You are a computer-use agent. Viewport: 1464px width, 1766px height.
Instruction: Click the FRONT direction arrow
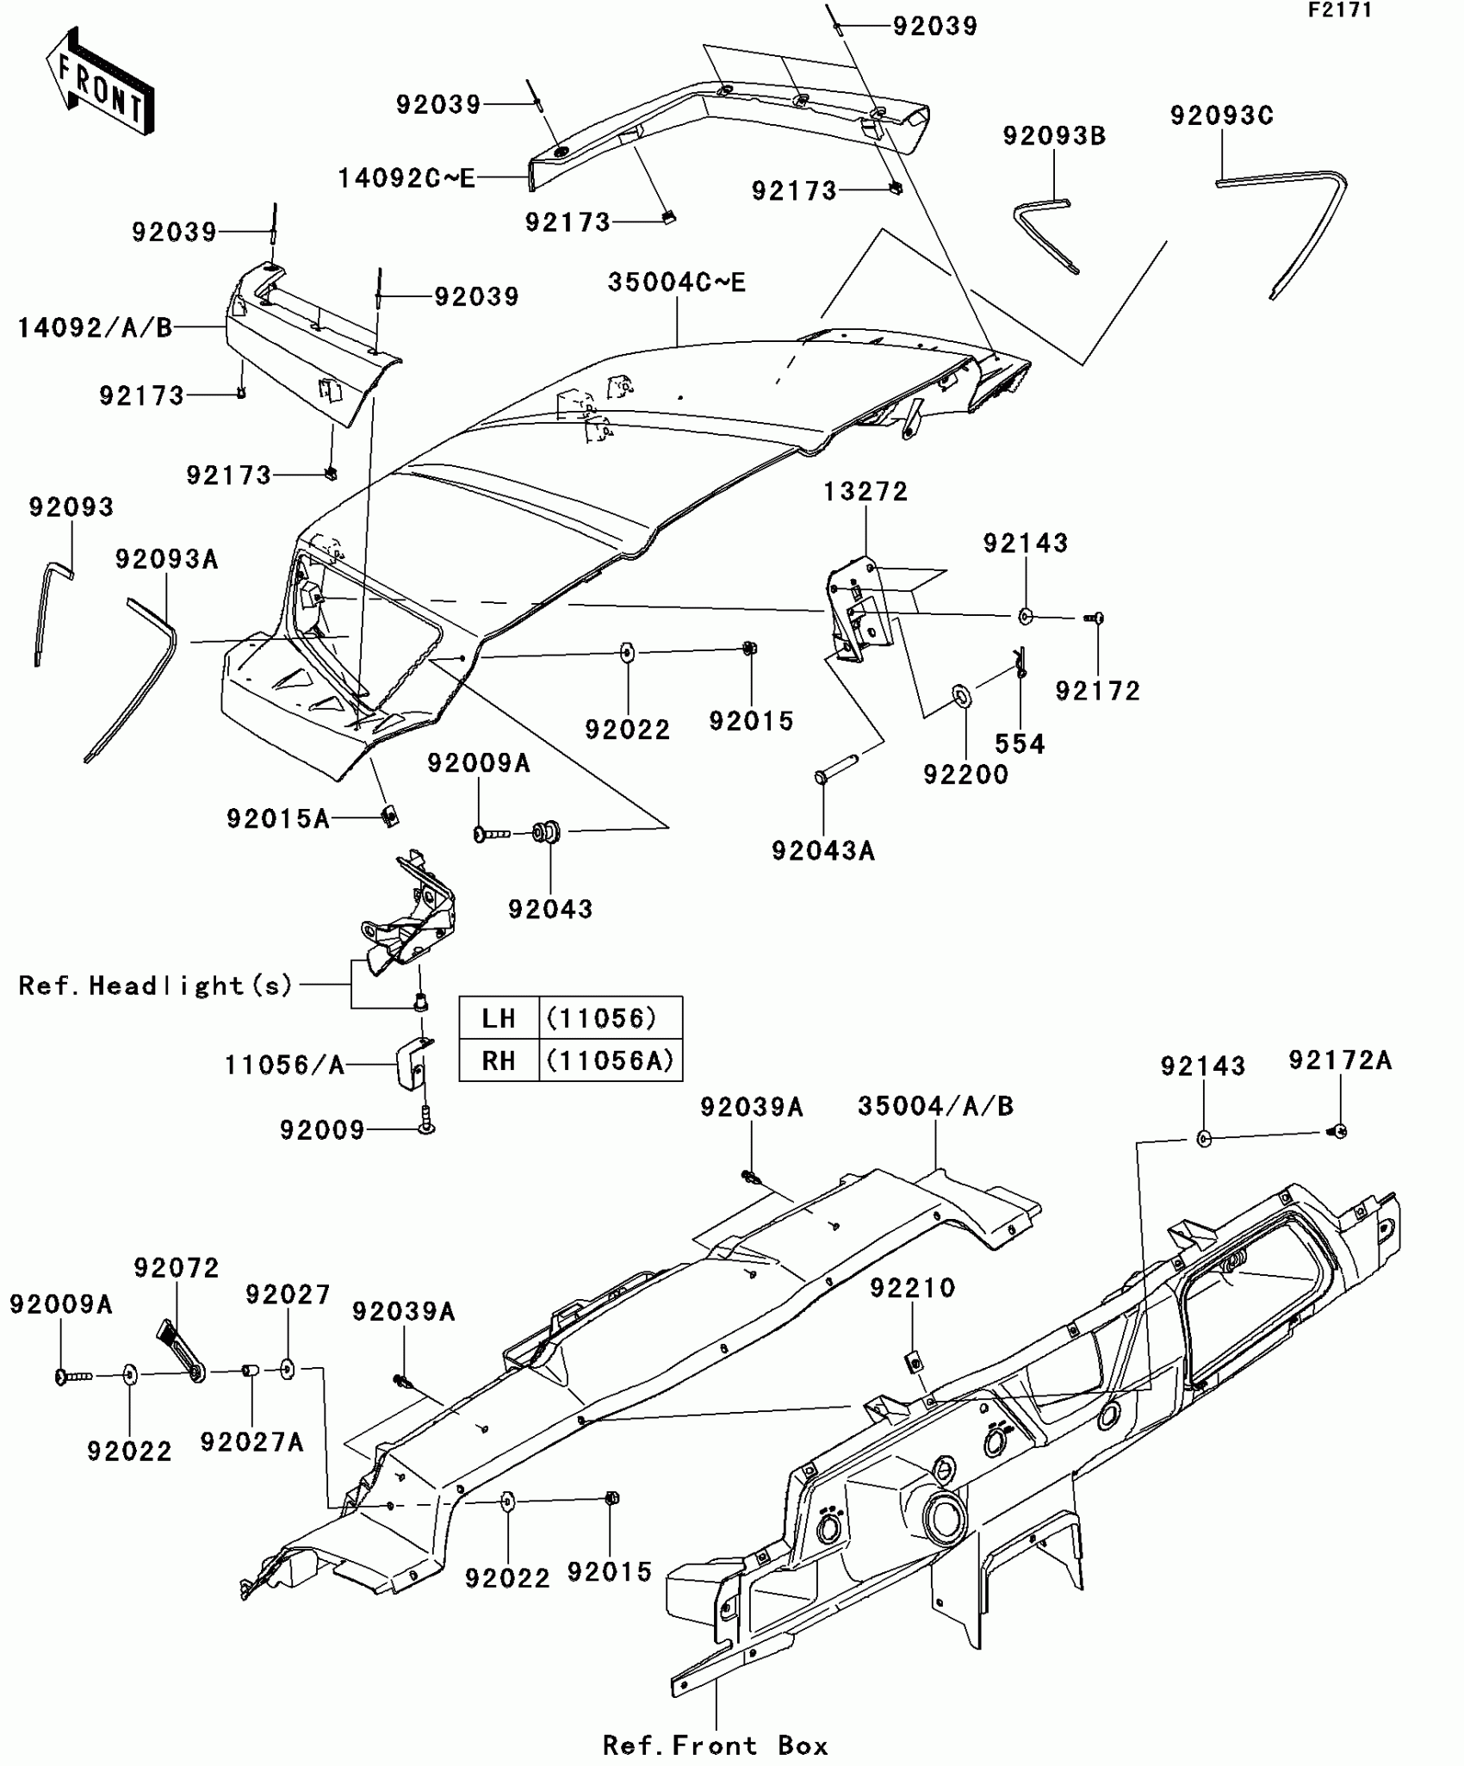(x=100, y=83)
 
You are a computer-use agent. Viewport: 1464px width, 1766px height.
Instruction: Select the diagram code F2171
(x=1340, y=11)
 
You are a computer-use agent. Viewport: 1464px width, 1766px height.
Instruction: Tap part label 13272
(x=865, y=492)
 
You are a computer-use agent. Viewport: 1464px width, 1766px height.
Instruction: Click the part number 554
(x=1020, y=743)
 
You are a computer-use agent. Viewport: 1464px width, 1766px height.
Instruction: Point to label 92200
(x=965, y=774)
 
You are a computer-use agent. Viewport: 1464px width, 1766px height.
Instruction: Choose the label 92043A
(x=822, y=851)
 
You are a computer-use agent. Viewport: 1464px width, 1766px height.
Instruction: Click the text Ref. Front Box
(x=716, y=1745)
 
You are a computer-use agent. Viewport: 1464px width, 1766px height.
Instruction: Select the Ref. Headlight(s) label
(x=156, y=986)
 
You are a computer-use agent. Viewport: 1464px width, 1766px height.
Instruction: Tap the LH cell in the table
(x=499, y=1018)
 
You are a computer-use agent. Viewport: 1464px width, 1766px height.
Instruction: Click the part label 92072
(x=177, y=1267)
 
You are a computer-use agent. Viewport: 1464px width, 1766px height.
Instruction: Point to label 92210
(x=912, y=1288)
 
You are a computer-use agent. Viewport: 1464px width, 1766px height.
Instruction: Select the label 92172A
(x=1340, y=1060)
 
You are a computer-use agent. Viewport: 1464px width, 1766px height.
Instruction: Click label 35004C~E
(x=677, y=283)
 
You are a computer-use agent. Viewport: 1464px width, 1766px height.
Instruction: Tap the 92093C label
(x=1221, y=115)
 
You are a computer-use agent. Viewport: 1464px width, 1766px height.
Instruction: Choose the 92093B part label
(x=1054, y=136)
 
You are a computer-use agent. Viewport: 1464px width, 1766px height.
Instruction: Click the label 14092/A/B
(x=95, y=327)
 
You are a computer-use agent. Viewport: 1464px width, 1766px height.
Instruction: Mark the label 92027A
(x=251, y=1442)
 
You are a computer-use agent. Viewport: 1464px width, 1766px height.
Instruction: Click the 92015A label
(x=278, y=818)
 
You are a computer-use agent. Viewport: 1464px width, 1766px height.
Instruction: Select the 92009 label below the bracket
(x=322, y=1129)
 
